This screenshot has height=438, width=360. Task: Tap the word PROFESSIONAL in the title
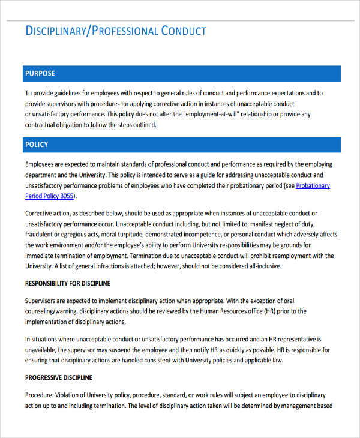(x=124, y=31)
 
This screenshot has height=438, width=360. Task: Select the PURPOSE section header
(x=40, y=74)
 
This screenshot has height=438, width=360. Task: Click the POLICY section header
(x=37, y=145)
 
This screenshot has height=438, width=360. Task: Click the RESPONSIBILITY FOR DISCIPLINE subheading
(x=68, y=283)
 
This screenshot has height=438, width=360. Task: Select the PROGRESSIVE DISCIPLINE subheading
(x=59, y=378)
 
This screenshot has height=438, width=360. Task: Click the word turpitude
(x=127, y=235)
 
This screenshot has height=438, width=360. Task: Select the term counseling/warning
(x=50, y=311)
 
